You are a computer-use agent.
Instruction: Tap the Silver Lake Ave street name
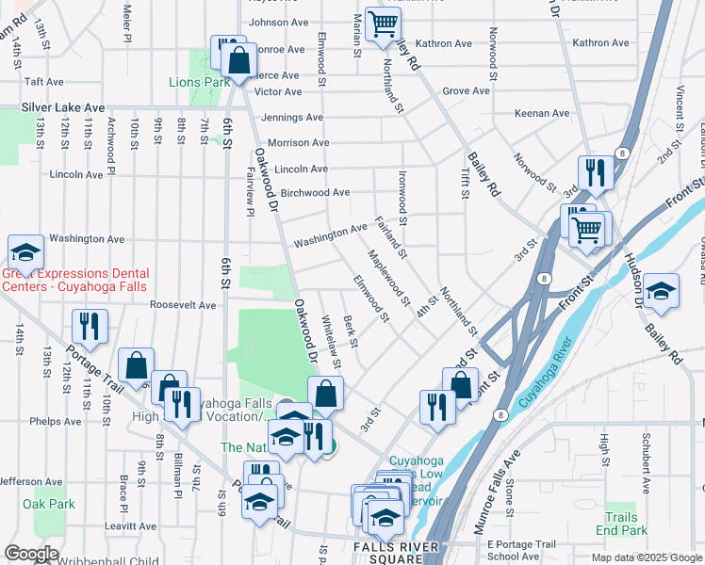[63, 109]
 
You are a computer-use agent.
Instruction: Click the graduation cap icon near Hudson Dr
[662, 290]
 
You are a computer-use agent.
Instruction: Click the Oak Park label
[49, 505]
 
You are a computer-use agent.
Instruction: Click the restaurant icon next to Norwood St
[595, 172]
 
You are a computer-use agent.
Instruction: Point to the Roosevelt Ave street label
[184, 305]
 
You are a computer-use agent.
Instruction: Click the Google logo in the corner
[31, 554]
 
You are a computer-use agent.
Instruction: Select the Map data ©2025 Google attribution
[647, 557]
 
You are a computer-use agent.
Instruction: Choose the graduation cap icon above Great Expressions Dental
[26, 252]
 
